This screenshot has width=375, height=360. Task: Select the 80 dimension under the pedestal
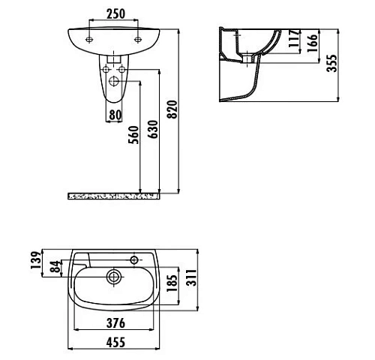tap(115, 114)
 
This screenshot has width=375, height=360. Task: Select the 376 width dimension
tap(113, 323)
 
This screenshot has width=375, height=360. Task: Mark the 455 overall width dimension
tap(113, 343)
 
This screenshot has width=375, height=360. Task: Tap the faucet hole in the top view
tap(135, 260)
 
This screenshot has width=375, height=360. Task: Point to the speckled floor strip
tap(113, 196)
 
